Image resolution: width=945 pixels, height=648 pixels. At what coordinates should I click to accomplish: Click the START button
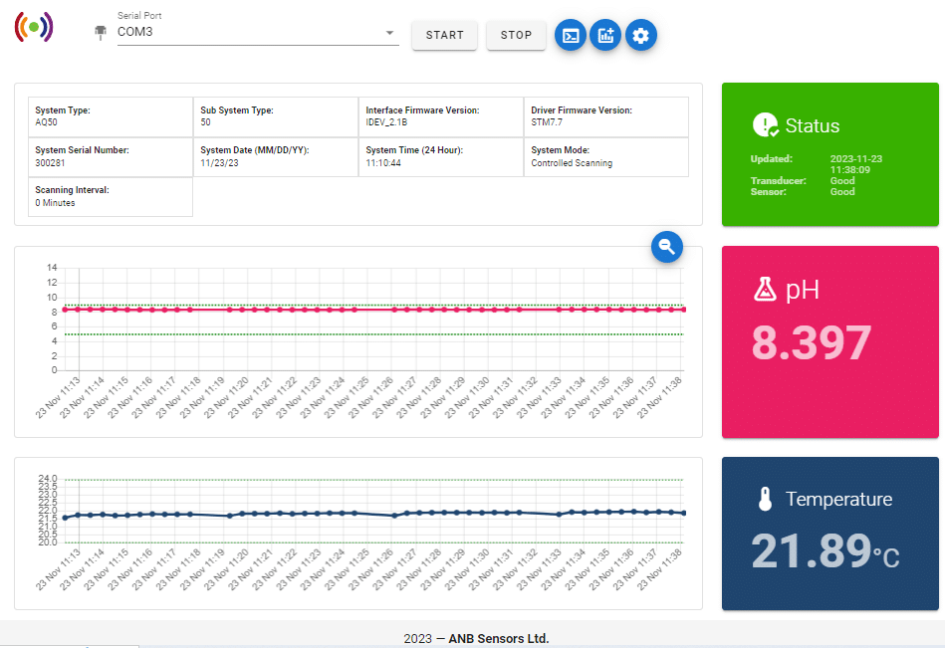(x=444, y=35)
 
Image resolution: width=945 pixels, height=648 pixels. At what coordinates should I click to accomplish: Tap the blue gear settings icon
(x=641, y=36)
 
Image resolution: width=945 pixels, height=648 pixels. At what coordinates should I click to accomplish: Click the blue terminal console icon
(x=571, y=36)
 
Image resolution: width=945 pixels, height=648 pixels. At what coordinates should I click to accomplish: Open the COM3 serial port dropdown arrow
(x=390, y=33)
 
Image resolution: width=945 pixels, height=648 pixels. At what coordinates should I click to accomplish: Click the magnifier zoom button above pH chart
(x=667, y=248)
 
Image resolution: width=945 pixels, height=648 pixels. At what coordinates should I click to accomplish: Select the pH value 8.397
(x=811, y=343)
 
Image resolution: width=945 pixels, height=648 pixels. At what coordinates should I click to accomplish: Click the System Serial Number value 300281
(x=50, y=163)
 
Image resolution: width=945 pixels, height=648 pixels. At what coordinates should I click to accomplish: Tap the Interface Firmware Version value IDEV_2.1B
(x=386, y=123)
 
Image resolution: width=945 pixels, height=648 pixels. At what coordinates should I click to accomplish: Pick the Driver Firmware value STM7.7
(x=547, y=123)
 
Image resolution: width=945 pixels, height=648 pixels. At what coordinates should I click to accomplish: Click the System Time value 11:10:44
(x=383, y=163)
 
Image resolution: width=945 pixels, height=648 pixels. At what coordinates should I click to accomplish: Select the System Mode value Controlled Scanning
(x=572, y=163)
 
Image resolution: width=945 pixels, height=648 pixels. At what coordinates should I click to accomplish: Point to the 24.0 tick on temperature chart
(x=48, y=480)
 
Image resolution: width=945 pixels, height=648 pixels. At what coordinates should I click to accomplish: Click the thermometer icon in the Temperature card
(x=765, y=500)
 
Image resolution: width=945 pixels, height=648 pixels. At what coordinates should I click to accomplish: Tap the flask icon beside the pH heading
(x=765, y=290)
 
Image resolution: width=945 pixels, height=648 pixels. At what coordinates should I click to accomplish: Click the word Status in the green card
(x=812, y=126)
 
